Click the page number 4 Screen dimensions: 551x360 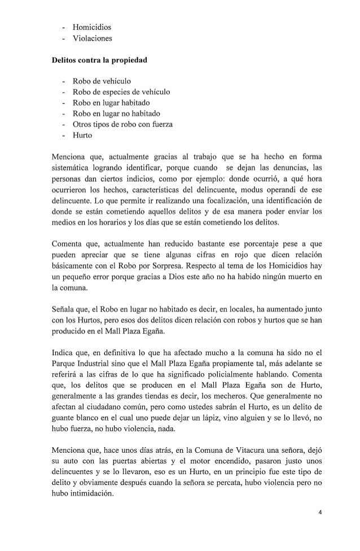pos(319,528)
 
